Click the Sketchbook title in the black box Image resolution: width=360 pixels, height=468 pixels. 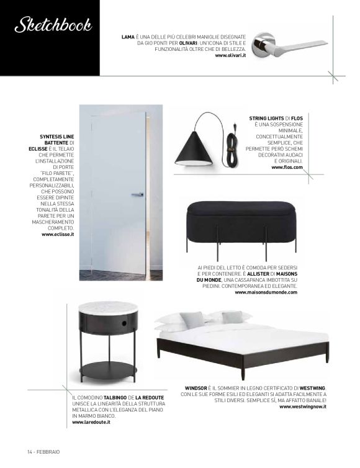pyautogui.click(x=53, y=26)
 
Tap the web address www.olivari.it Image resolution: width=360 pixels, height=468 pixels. pyautogui.click(x=231, y=56)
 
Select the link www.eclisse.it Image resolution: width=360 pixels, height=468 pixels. pyautogui.click(x=58, y=235)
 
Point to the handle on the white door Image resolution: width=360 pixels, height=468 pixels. pyautogui.click(x=137, y=194)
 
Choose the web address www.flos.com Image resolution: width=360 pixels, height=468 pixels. pyautogui.click(x=287, y=168)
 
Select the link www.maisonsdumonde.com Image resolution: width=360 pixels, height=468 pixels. pyautogui.click(x=266, y=292)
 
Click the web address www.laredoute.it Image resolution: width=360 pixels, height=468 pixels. pyautogui.click(x=91, y=422)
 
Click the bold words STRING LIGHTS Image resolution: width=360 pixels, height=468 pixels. pyautogui.click(x=268, y=117)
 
